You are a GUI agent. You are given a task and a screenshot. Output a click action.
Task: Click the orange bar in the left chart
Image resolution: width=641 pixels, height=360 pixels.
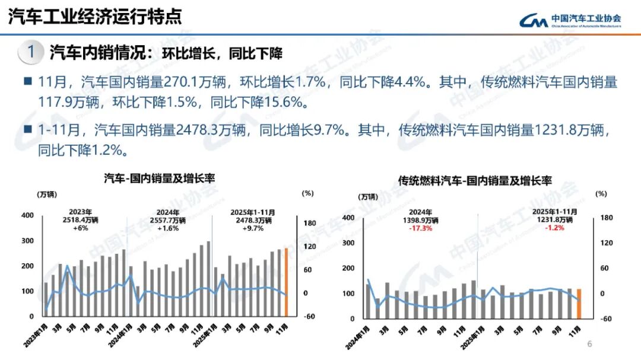coord(285,282)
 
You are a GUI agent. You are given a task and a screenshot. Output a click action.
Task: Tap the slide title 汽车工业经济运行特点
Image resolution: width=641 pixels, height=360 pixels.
coord(95,17)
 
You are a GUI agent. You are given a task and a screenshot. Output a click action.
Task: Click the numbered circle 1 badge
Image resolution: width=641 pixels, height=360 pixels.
coord(30,52)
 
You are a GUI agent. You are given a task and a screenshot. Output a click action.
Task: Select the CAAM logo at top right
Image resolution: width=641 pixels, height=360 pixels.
coord(570,20)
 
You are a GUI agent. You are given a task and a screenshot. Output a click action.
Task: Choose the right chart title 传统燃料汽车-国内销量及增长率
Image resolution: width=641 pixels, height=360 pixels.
coord(475,180)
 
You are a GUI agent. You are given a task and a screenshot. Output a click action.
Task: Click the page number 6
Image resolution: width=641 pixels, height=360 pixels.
coord(589,344)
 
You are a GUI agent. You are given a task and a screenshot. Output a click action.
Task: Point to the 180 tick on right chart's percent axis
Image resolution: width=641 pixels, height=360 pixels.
coord(606,218)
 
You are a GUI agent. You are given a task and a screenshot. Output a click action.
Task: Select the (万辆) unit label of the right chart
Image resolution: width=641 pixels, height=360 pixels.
coord(367,196)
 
